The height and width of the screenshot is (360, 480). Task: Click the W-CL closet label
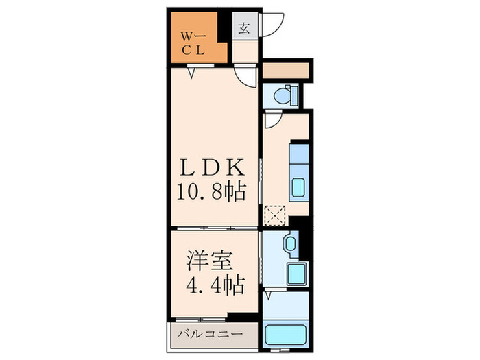193,44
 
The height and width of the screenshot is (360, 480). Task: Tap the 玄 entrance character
244,29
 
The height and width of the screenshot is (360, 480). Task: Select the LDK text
213,167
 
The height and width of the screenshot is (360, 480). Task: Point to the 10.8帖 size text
211,192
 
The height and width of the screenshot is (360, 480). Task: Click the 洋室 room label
210,261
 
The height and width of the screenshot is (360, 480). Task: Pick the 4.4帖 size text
215,285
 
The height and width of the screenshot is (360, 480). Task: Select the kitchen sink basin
298,187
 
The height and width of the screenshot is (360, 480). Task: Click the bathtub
286,335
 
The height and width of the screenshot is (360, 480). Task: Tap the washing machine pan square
297,274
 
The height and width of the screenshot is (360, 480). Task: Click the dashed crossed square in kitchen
275,215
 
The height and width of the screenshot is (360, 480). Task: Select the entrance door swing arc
273,25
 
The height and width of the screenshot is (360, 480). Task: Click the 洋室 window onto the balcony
200,320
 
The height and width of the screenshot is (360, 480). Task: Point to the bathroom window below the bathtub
280,349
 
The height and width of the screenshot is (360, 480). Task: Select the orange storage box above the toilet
286,70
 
